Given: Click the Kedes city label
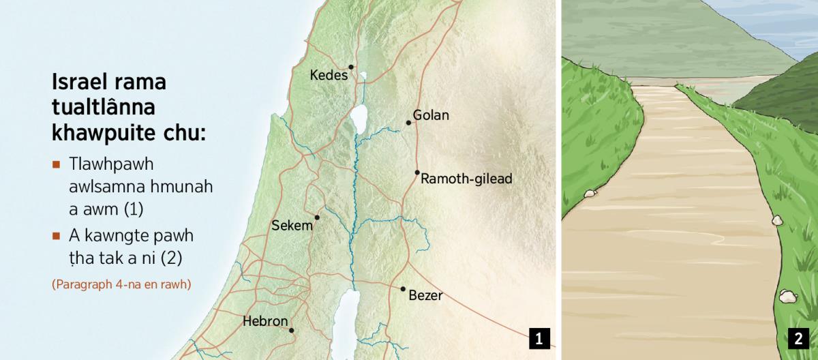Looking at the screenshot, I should coord(329,76).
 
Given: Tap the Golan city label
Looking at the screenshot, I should coord(431,115).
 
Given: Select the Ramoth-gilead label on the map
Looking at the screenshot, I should coord(466,179).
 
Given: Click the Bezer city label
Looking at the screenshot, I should coord(425,296).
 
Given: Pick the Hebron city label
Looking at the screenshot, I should coord(265,321).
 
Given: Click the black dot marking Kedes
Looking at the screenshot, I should coord(351,67).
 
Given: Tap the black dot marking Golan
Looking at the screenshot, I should coord(408,123).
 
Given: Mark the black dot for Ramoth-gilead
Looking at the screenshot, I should coord(416,172).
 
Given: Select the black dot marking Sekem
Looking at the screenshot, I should coord(317,217).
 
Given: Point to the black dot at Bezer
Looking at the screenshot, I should coord(403,289).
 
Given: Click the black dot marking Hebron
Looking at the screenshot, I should coord(291,331).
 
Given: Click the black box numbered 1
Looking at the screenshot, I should coord(539,338).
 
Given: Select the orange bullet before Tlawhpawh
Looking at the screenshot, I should coord(57,165).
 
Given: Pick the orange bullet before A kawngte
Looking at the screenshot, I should coord(57,237).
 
